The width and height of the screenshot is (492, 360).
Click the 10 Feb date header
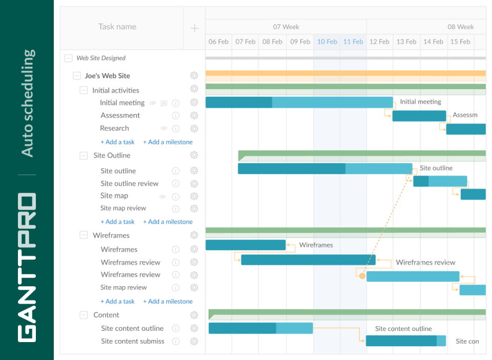[x=327, y=41]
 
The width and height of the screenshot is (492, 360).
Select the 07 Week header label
[x=286, y=27]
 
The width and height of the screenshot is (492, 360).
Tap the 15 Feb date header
[x=460, y=41]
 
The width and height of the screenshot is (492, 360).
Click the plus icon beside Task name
[x=194, y=28]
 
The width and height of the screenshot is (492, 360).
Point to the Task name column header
[x=117, y=27]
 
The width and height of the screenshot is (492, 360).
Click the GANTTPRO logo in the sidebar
[x=27, y=267]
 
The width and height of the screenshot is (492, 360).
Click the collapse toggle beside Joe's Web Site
[x=77, y=76]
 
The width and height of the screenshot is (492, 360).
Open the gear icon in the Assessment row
[x=194, y=116]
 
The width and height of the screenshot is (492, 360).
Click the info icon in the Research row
[x=176, y=129]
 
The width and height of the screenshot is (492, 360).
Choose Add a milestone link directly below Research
[x=168, y=142]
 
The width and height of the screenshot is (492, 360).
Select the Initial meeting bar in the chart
[x=299, y=102]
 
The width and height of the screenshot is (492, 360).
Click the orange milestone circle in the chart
[x=362, y=276]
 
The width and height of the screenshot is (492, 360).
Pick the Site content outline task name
[x=132, y=328]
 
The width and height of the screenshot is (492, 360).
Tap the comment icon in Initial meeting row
[x=164, y=103]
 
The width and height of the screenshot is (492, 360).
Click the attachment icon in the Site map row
[x=163, y=196]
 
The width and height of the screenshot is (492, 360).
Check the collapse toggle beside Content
[x=84, y=315]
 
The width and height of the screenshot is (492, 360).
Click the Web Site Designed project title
[x=101, y=58]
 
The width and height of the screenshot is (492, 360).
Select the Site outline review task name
[x=129, y=183]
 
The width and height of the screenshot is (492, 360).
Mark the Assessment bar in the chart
[x=419, y=116]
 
